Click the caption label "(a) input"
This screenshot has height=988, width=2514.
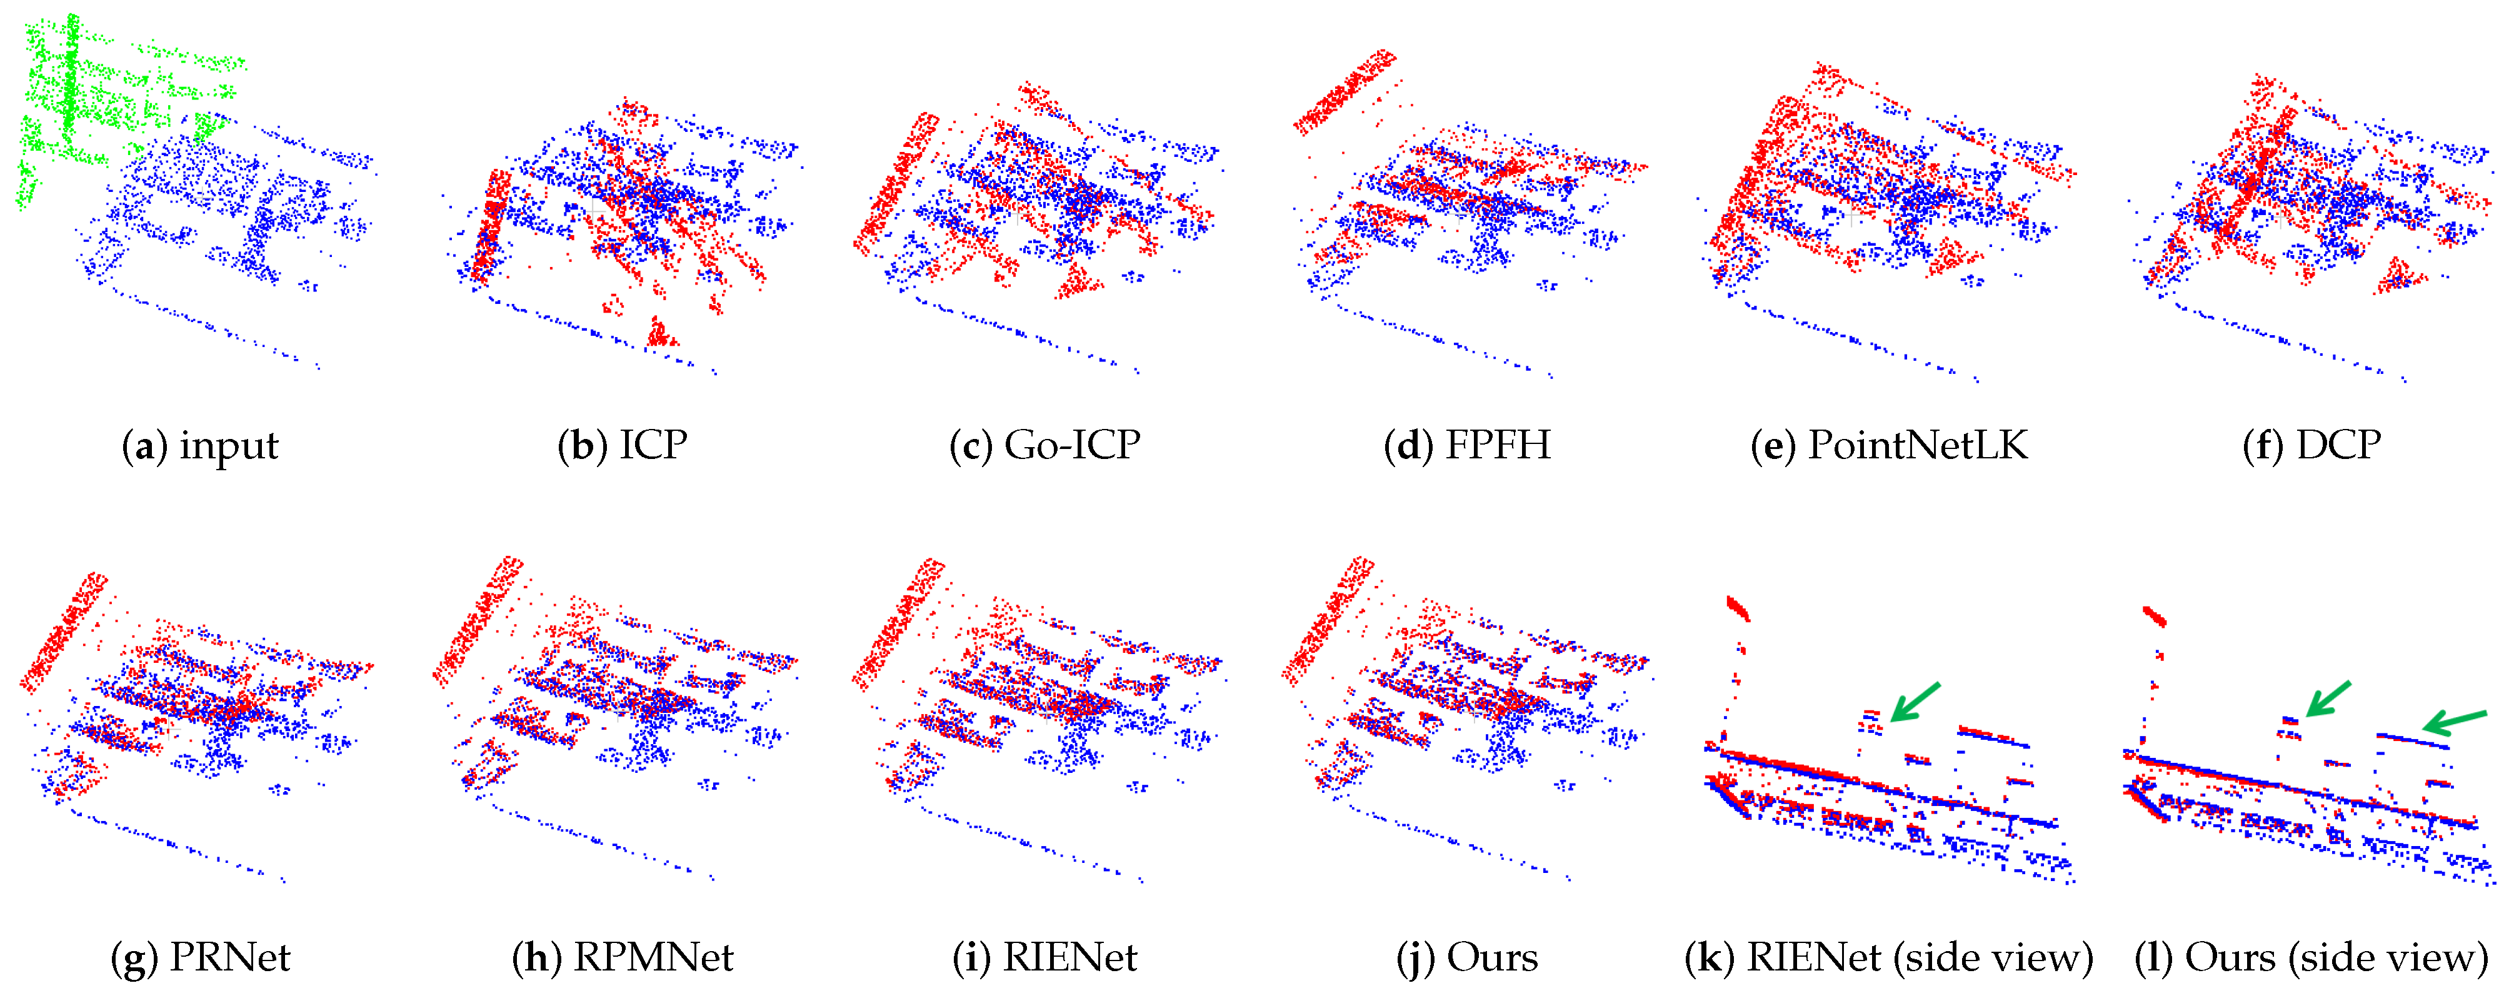tap(200, 446)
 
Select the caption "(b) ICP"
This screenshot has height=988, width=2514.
tap(623, 446)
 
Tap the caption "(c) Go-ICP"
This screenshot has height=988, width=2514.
tap(1045, 446)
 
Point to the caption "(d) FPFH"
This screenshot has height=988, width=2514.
tap(1467, 446)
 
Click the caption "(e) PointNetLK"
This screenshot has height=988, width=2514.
tap(1890, 446)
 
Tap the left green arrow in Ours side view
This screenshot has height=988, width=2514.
tap(2328, 699)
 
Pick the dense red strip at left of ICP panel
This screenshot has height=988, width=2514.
tap(491, 224)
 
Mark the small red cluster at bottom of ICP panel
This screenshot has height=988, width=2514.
tap(661, 334)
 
